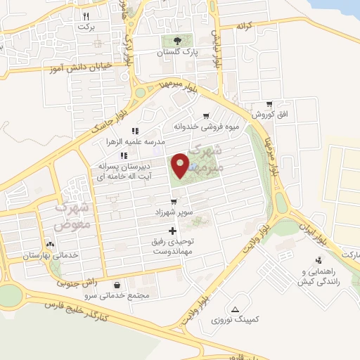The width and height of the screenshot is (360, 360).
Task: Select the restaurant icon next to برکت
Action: pos(86,15)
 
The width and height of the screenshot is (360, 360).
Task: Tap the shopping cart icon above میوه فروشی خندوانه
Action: pos(205,116)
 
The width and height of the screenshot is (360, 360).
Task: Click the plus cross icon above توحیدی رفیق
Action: pos(172,231)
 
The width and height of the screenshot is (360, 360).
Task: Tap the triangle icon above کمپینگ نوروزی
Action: pos(235,309)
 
